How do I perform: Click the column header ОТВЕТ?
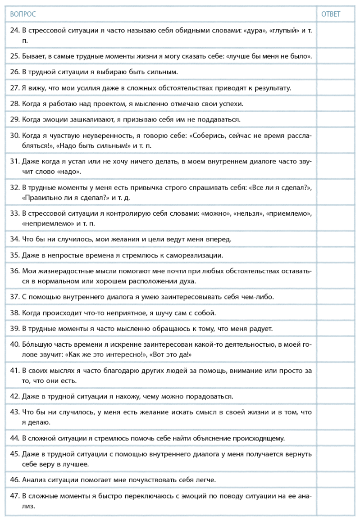tap(330, 14)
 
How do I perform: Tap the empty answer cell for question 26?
tap(337, 72)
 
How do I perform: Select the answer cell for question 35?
tap(337, 255)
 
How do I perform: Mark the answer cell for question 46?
tap(337, 480)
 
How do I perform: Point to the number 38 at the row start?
tap(14, 312)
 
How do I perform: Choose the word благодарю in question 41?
tap(103, 371)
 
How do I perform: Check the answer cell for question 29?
tap(337, 119)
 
